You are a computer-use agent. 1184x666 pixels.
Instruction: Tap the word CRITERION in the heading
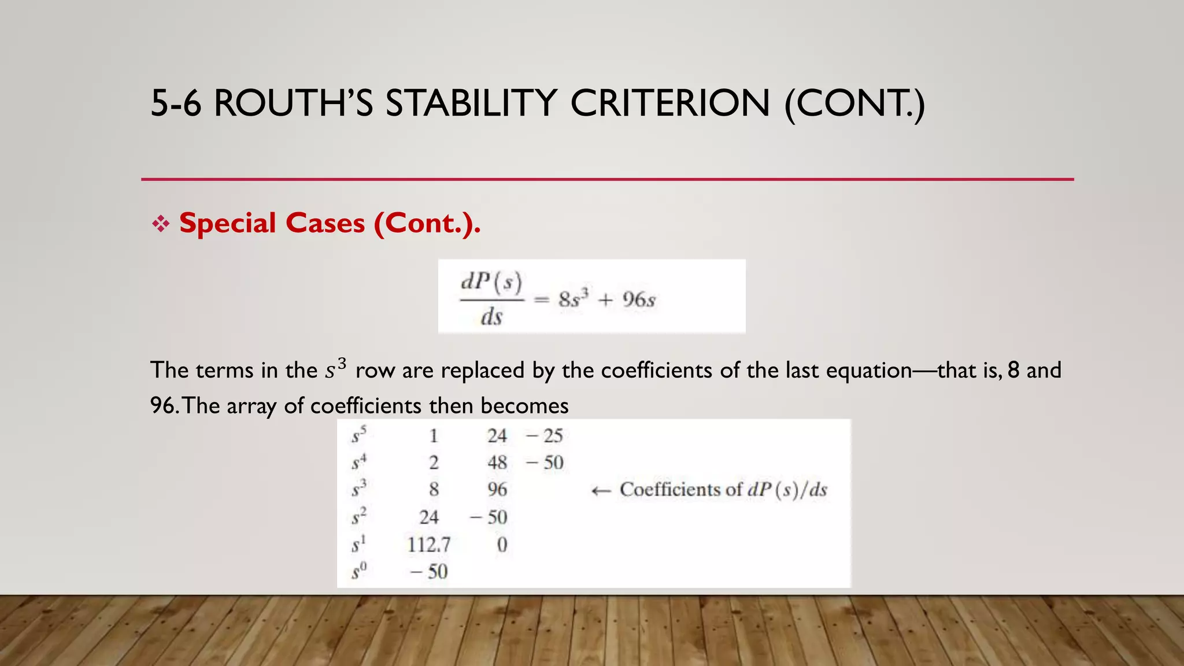[x=670, y=103]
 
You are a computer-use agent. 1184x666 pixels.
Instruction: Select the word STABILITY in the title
[x=471, y=103]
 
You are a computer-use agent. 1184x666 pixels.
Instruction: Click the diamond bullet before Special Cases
[x=161, y=224]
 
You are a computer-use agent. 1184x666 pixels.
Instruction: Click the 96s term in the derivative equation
[x=639, y=300]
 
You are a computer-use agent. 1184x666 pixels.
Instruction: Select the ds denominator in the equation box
[x=491, y=317]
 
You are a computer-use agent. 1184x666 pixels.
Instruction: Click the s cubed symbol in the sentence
[x=335, y=369]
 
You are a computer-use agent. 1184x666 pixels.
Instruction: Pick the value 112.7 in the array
[x=428, y=545]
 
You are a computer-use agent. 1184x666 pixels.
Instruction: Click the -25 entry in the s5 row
[x=545, y=436]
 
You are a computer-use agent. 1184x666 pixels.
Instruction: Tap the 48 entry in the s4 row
[x=497, y=462]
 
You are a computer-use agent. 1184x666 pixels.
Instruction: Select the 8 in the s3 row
[x=434, y=490]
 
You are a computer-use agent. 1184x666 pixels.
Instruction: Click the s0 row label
[x=359, y=572]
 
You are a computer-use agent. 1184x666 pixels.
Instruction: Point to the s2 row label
[x=359, y=516]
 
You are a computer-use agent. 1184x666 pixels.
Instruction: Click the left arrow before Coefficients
[x=601, y=491]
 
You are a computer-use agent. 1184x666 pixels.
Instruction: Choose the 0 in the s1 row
[x=502, y=545]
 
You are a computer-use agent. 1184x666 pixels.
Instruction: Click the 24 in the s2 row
[x=428, y=517]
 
